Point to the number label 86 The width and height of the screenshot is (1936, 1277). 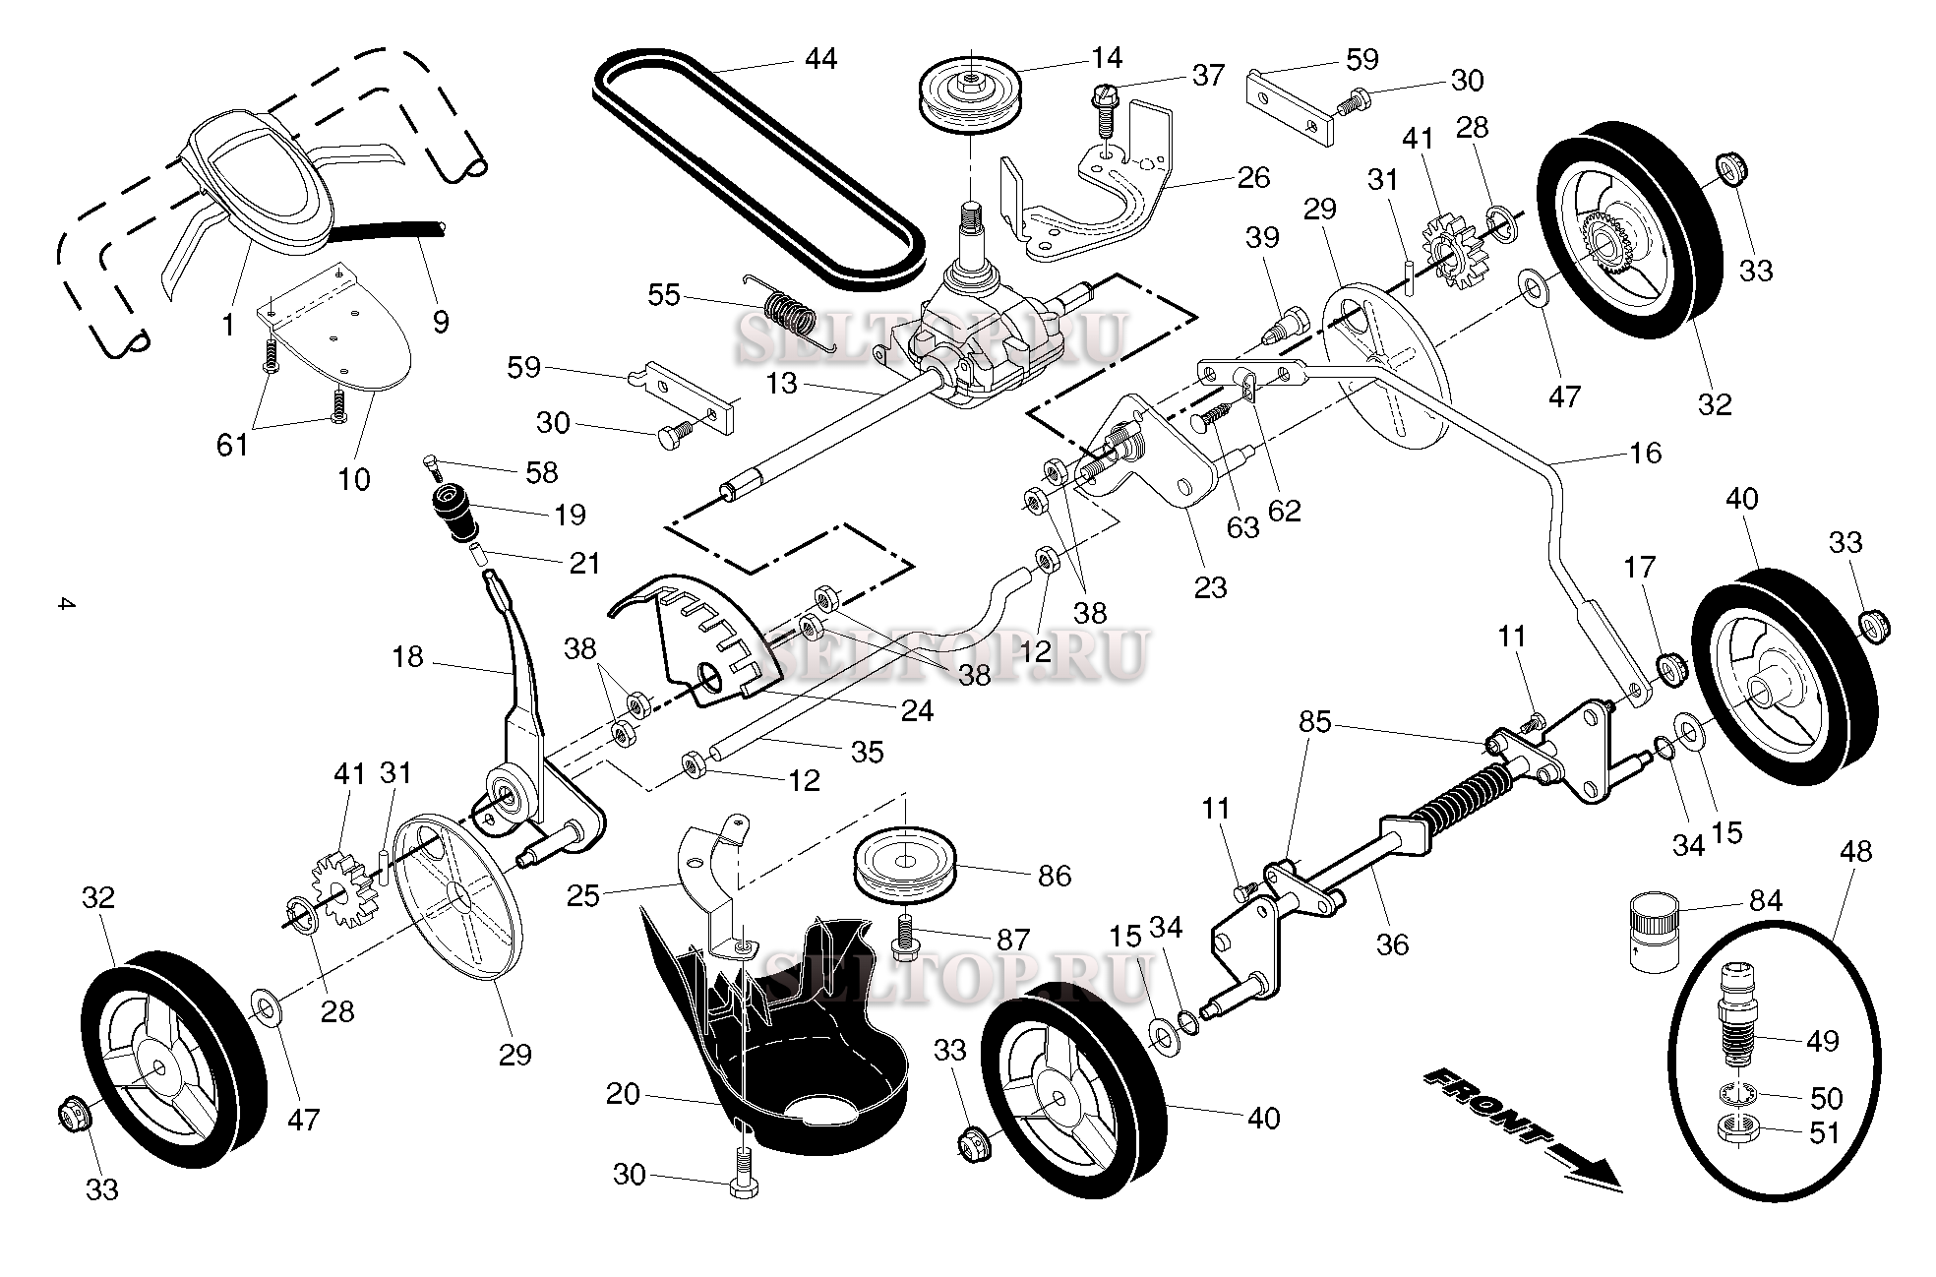coord(1054,875)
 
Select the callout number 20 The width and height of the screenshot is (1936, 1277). coord(623,1093)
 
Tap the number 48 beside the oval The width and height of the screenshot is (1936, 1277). coord(1855,850)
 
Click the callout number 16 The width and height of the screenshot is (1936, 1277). coord(1645,453)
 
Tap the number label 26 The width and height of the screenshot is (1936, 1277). coord(1253,177)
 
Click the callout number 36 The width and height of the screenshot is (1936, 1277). coord(1392,944)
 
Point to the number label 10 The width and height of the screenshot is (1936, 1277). coord(354,479)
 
